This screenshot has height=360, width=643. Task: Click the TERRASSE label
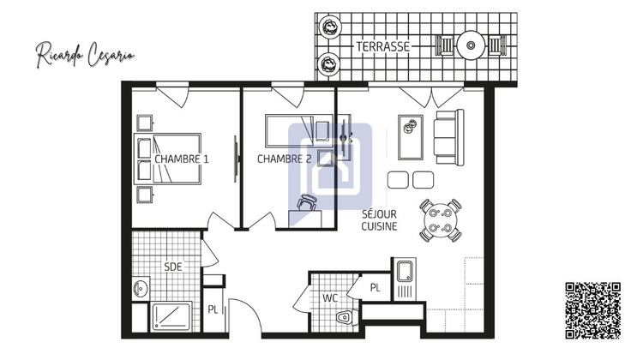tap(383, 46)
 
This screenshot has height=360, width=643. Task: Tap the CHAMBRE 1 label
tap(182, 159)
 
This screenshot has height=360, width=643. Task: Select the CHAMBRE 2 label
tap(284, 159)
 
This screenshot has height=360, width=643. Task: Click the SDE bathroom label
tap(172, 267)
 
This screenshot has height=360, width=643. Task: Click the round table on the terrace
tap(471, 44)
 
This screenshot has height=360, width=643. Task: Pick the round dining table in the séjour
tap(440, 220)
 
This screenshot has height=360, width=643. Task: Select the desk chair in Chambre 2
tap(309, 202)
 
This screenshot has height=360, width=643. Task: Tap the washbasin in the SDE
tap(141, 289)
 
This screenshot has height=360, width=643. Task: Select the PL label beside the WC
tap(375, 288)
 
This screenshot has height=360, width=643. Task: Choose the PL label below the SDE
tap(213, 309)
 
